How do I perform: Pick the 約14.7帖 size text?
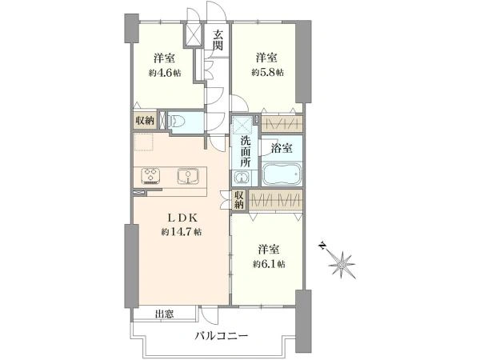click(x=180, y=232)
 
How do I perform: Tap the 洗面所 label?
click(x=246, y=153)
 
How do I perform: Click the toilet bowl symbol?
click(x=179, y=122)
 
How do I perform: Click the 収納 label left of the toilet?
click(x=144, y=120)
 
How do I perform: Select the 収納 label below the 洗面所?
click(x=238, y=200)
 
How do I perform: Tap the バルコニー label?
click(x=222, y=338)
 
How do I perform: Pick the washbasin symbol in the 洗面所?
click(x=239, y=178)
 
